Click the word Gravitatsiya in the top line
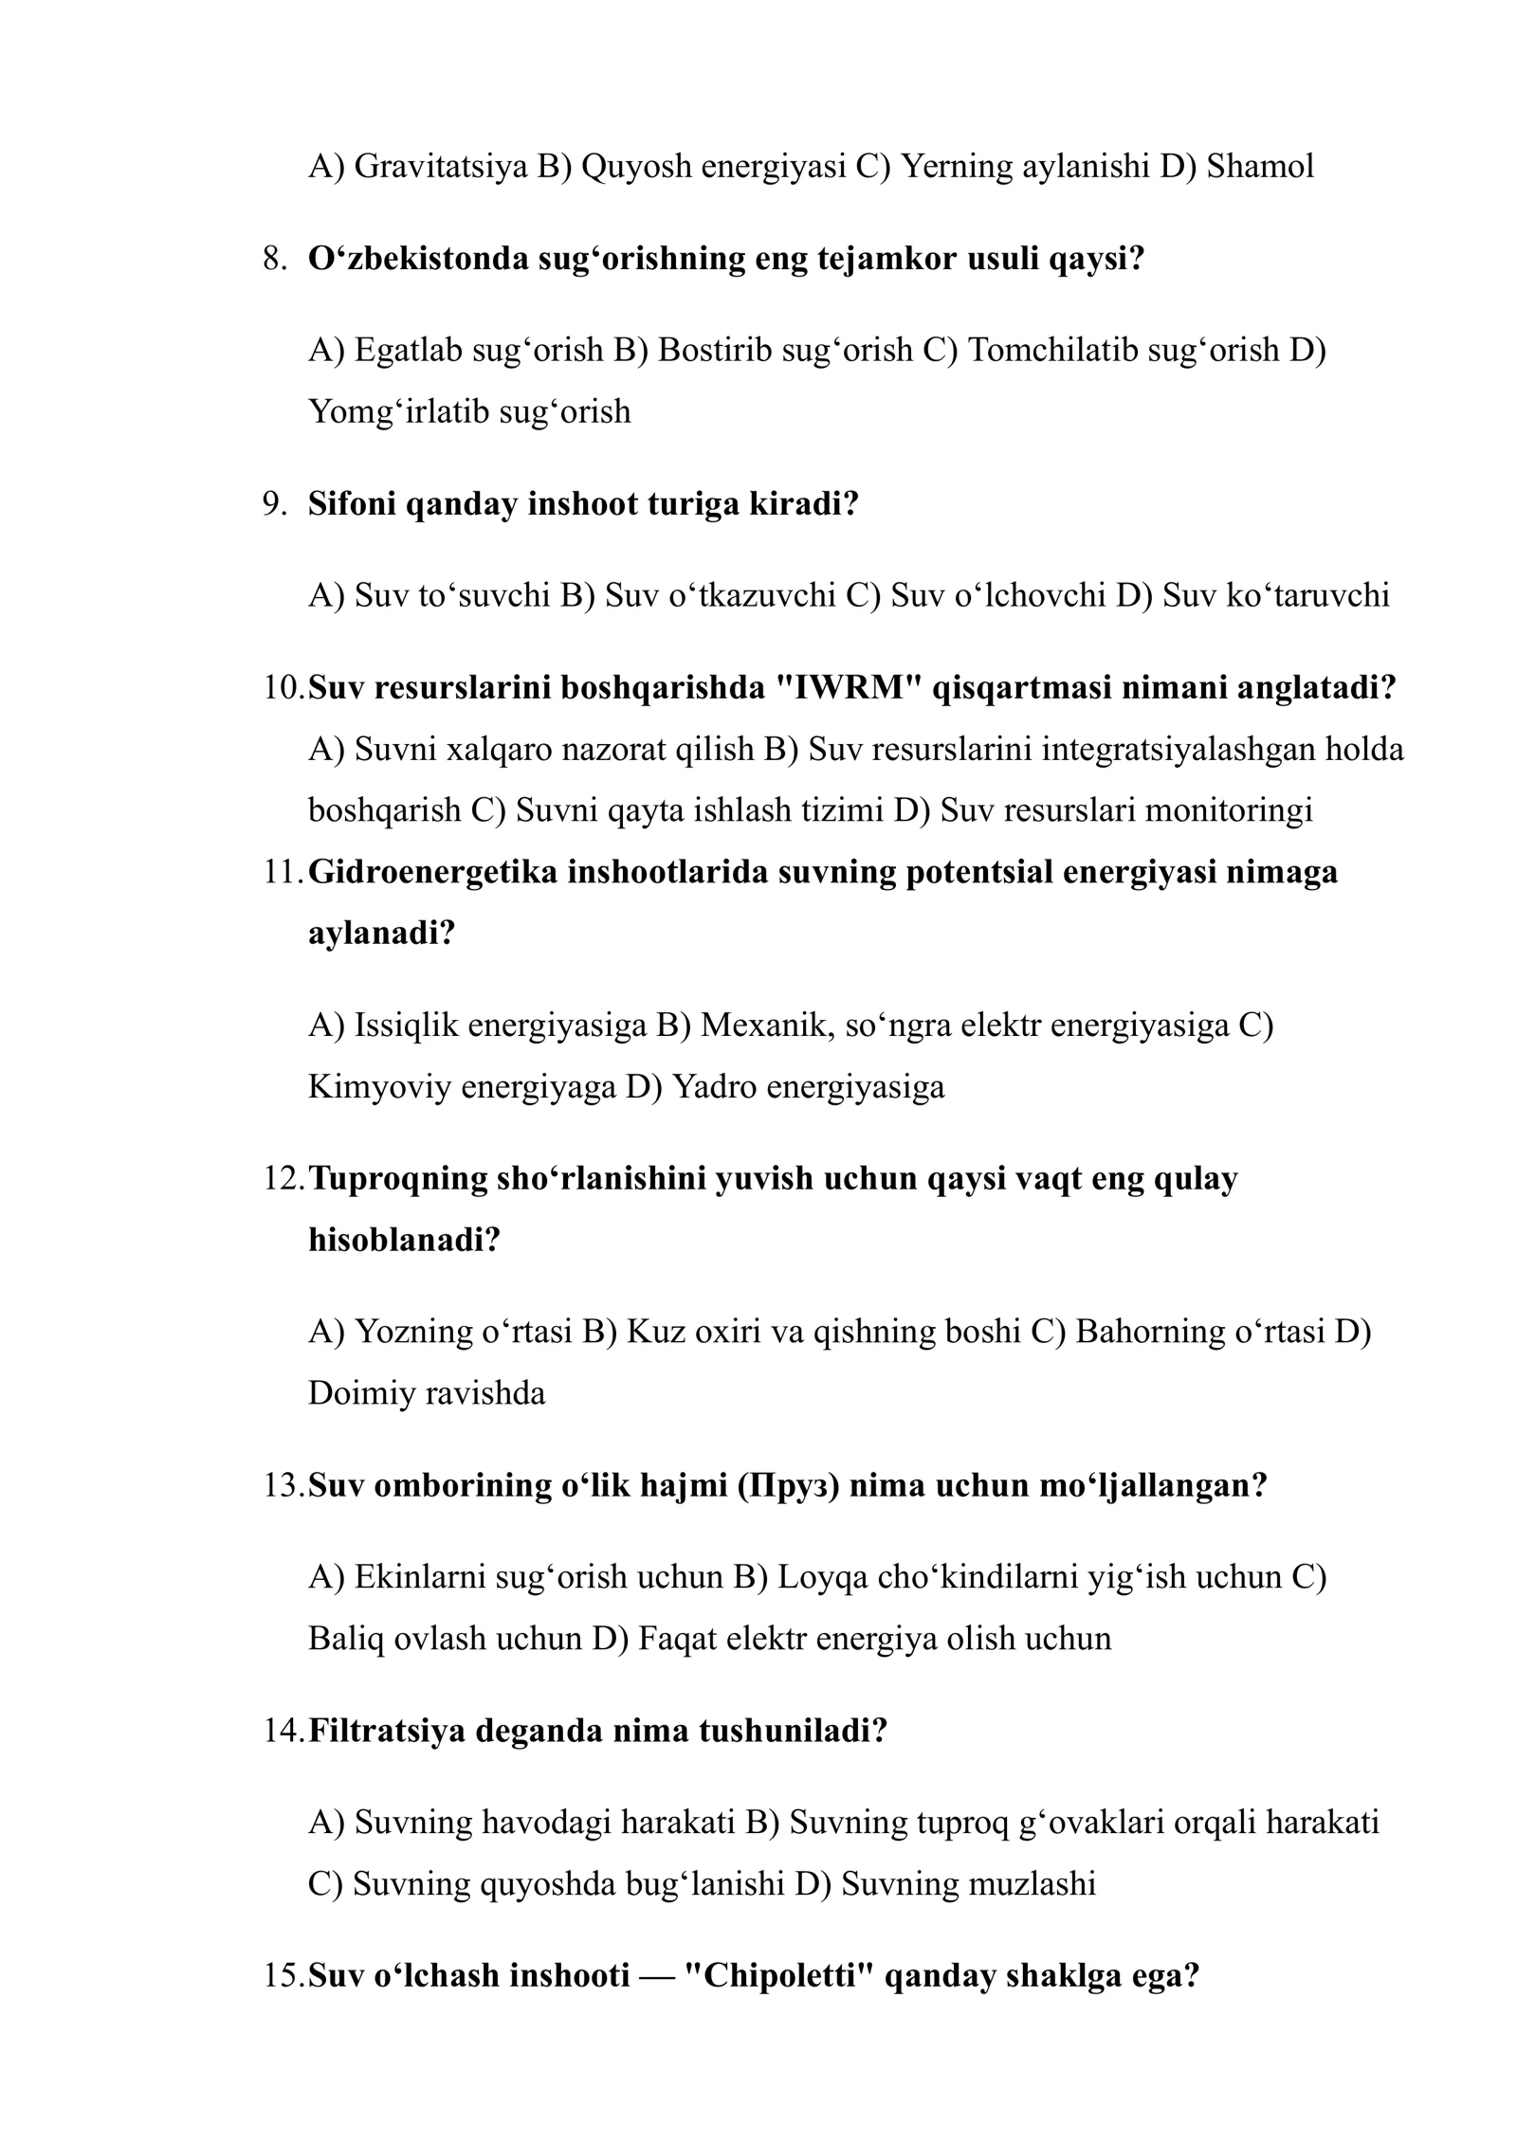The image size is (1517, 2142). [x=441, y=167]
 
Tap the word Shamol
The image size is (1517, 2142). [x=1260, y=167]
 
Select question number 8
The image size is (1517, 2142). [x=274, y=259]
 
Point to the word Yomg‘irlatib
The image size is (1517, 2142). [x=399, y=411]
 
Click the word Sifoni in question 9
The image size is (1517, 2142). [x=353, y=504]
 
